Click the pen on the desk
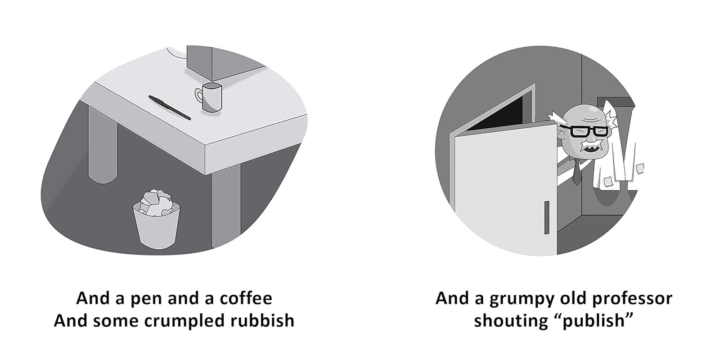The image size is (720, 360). pos(170,108)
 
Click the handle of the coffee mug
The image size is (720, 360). pos(198,95)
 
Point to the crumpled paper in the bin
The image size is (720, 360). pos(156,201)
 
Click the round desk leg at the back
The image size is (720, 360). pos(103,144)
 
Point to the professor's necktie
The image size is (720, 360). pos(576,173)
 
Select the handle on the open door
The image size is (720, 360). pos(547,217)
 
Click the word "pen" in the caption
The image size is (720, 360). pos(146,298)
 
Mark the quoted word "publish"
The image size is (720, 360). pos(592,321)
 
